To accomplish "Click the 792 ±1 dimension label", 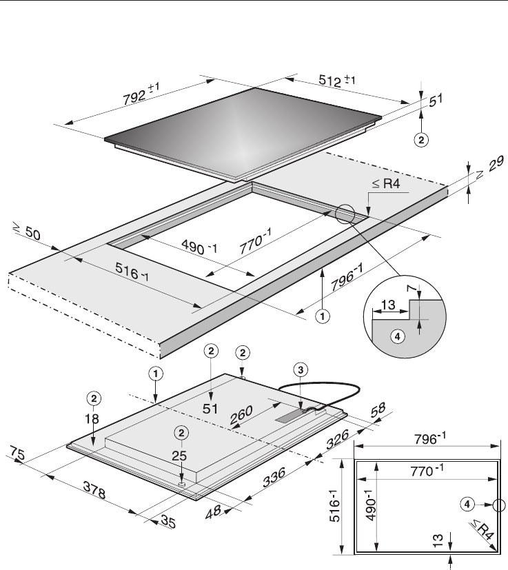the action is pos(141,94).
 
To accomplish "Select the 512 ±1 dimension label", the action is pos(337,81).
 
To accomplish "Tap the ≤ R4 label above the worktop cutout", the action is pos(386,183).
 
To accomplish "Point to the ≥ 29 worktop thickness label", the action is pos(491,167).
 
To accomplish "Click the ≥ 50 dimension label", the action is pos(27,231).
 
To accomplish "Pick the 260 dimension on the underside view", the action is pos(241,415).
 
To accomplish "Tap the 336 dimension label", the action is pos(274,478).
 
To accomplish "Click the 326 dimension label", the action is pos(337,439).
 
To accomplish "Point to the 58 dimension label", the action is pos(378,409).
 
